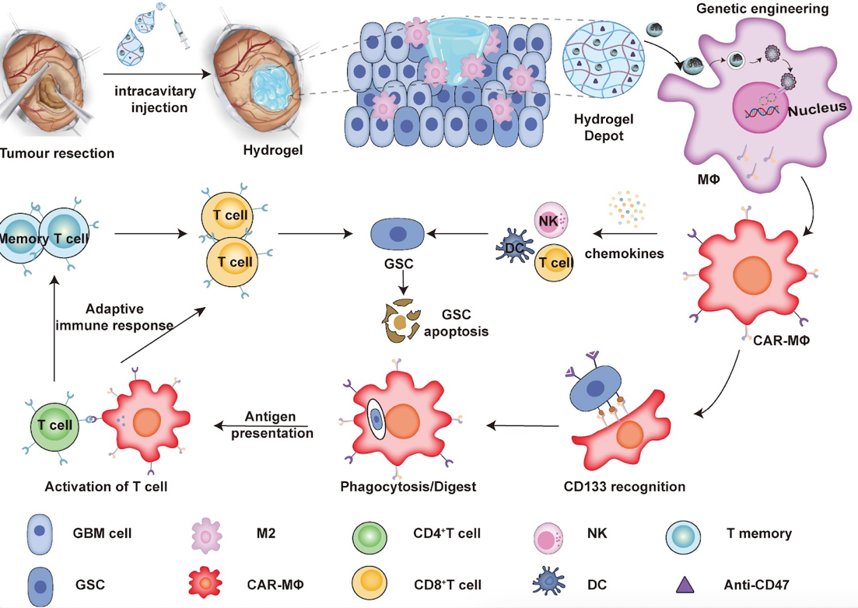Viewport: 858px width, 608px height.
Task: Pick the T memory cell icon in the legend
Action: pyautogui.click(x=686, y=535)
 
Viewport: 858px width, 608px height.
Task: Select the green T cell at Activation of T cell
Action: pyautogui.click(x=55, y=425)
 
